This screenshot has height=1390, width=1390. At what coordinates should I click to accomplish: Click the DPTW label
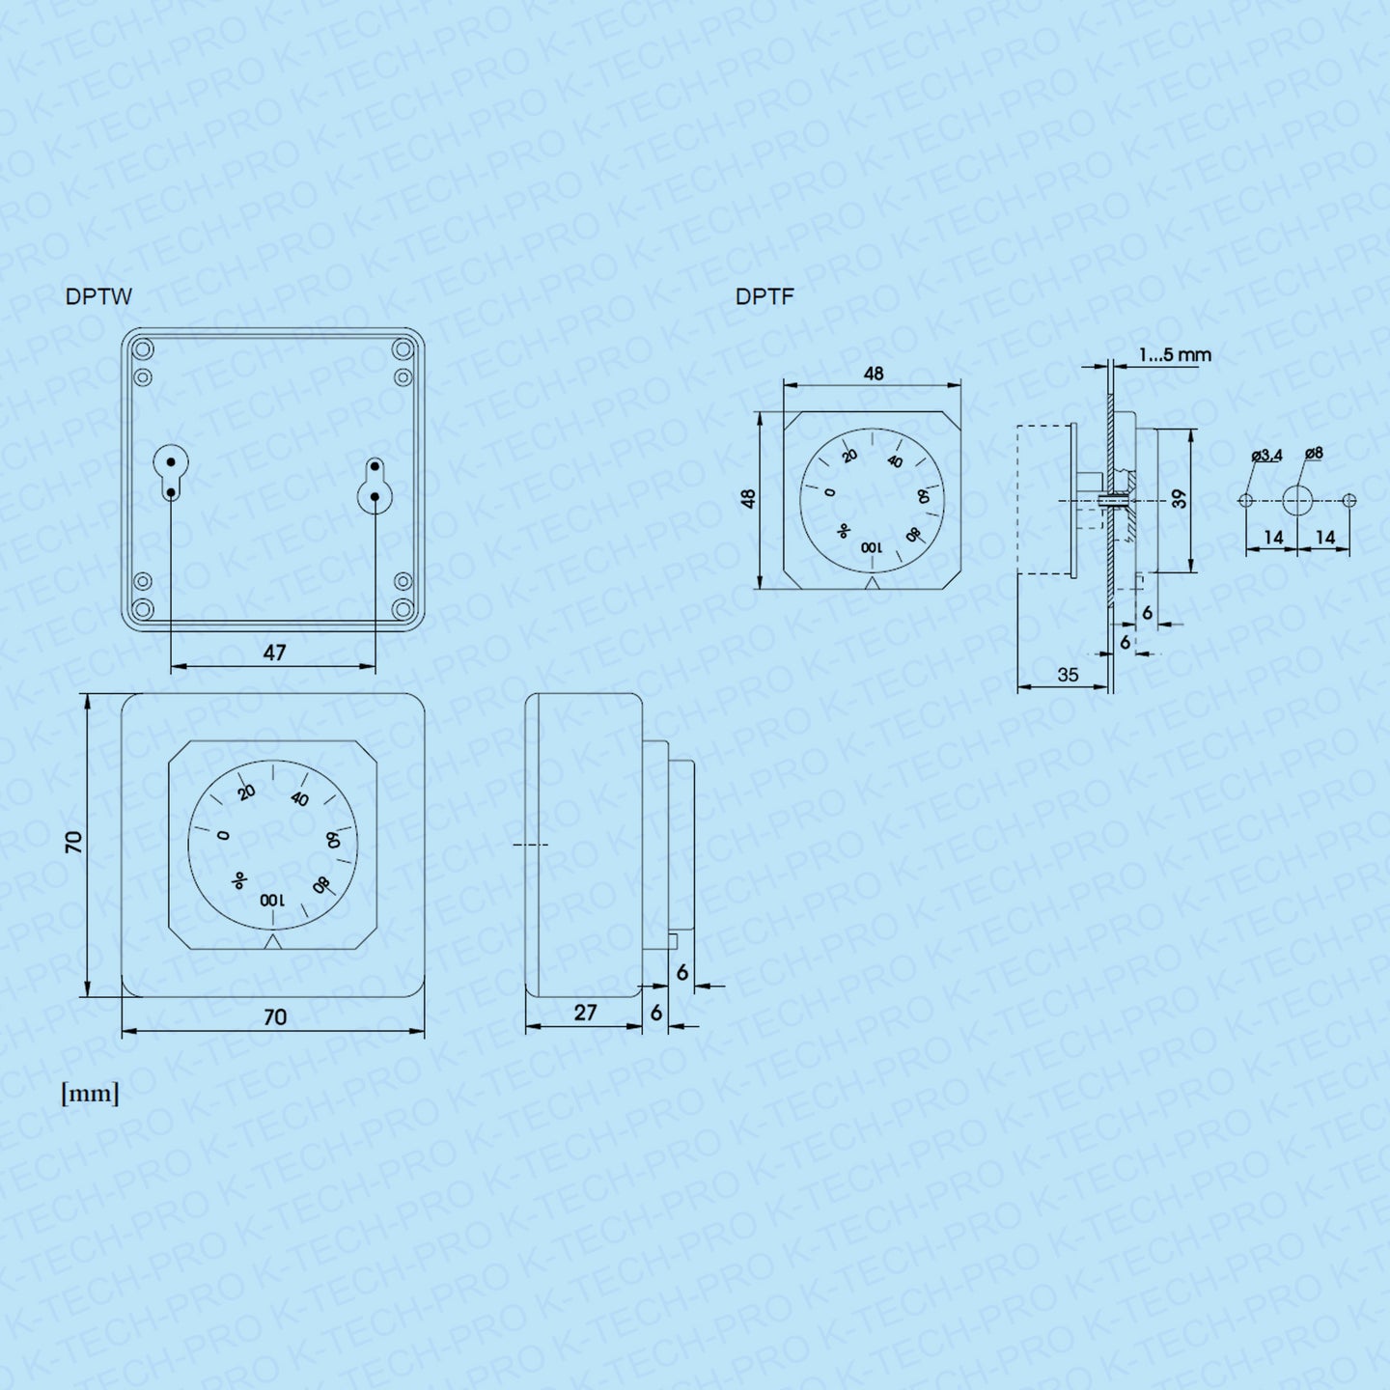click(x=98, y=297)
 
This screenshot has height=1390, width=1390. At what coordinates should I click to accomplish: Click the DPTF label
click(x=764, y=296)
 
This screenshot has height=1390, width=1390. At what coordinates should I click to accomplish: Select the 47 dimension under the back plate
click(x=274, y=653)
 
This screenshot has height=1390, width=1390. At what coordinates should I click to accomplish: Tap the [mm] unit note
click(x=90, y=1094)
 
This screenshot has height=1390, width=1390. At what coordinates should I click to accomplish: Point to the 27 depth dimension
click(x=585, y=1012)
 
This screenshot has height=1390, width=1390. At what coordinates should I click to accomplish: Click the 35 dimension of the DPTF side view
click(x=1068, y=675)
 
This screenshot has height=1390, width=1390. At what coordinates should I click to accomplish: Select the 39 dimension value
click(x=1179, y=498)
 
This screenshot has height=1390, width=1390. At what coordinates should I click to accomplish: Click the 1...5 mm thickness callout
click(x=1175, y=355)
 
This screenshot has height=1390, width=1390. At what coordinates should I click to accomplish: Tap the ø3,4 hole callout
click(x=1266, y=456)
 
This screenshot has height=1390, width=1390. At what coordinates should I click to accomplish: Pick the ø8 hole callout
click(x=1314, y=453)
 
